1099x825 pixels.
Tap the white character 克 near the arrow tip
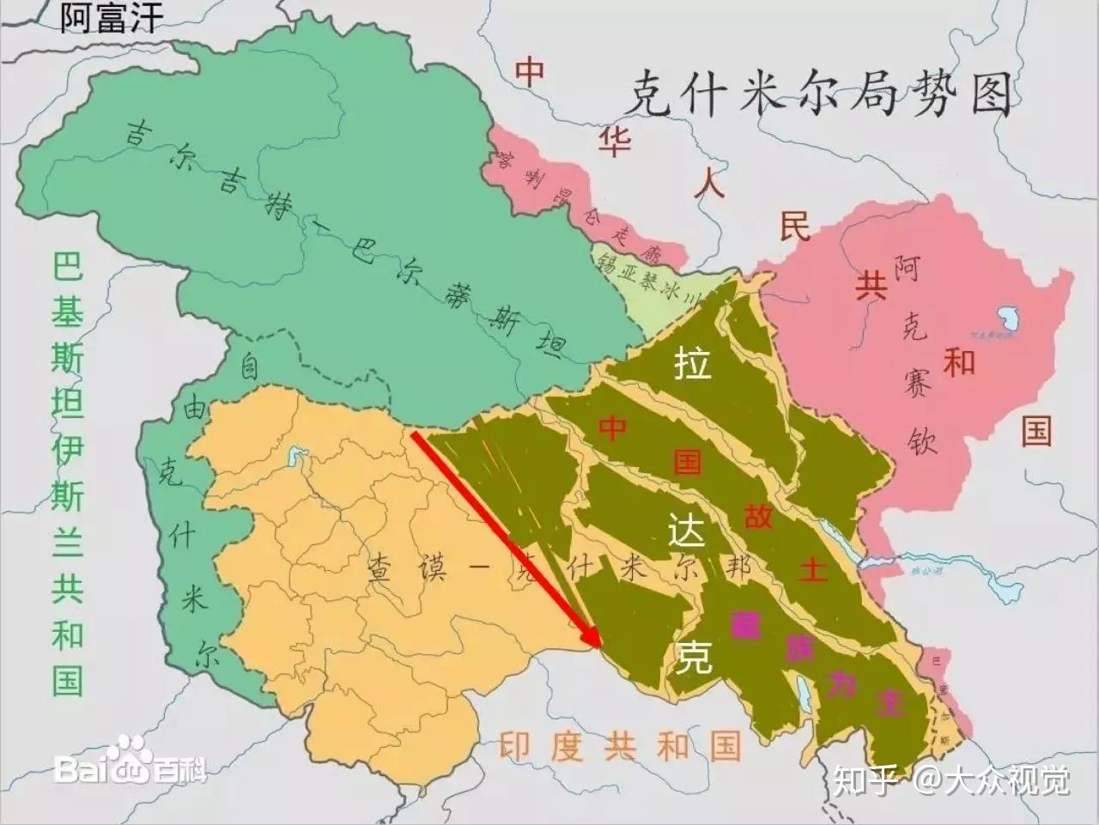[692, 657]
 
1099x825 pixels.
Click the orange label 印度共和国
[619, 747]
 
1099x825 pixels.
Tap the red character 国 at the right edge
[1036, 429]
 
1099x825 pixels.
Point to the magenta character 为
[841, 684]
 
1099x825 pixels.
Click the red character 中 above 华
[530, 72]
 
